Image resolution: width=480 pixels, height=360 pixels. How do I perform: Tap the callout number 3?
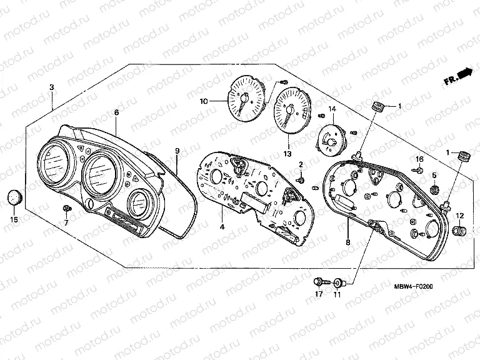[52, 87]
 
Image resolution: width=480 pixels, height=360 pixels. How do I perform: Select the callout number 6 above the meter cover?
[116, 112]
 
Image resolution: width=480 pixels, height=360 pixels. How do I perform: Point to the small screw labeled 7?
[66, 209]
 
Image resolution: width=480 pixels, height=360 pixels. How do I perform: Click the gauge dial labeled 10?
[246, 98]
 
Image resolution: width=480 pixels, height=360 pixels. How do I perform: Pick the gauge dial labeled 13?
[292, 111]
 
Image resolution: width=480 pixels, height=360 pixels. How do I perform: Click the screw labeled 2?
[301, 180]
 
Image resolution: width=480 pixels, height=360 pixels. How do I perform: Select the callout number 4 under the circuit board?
[222, 227]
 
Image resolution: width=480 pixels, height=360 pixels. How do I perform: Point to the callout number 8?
[347, 242]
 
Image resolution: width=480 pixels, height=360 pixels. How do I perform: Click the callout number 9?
[177, 151]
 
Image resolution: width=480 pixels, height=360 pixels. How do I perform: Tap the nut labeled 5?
[434, 190]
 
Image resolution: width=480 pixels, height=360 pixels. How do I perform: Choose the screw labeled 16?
[419, 169]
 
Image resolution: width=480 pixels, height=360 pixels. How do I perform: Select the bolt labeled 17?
[321, 282]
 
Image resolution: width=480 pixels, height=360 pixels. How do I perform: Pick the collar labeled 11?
[339, 283]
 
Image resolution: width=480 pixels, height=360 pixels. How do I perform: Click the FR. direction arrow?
[459, 77]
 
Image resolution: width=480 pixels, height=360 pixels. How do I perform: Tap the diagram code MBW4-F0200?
[413, 286]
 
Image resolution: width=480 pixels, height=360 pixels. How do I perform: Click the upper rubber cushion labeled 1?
[378, 107]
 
